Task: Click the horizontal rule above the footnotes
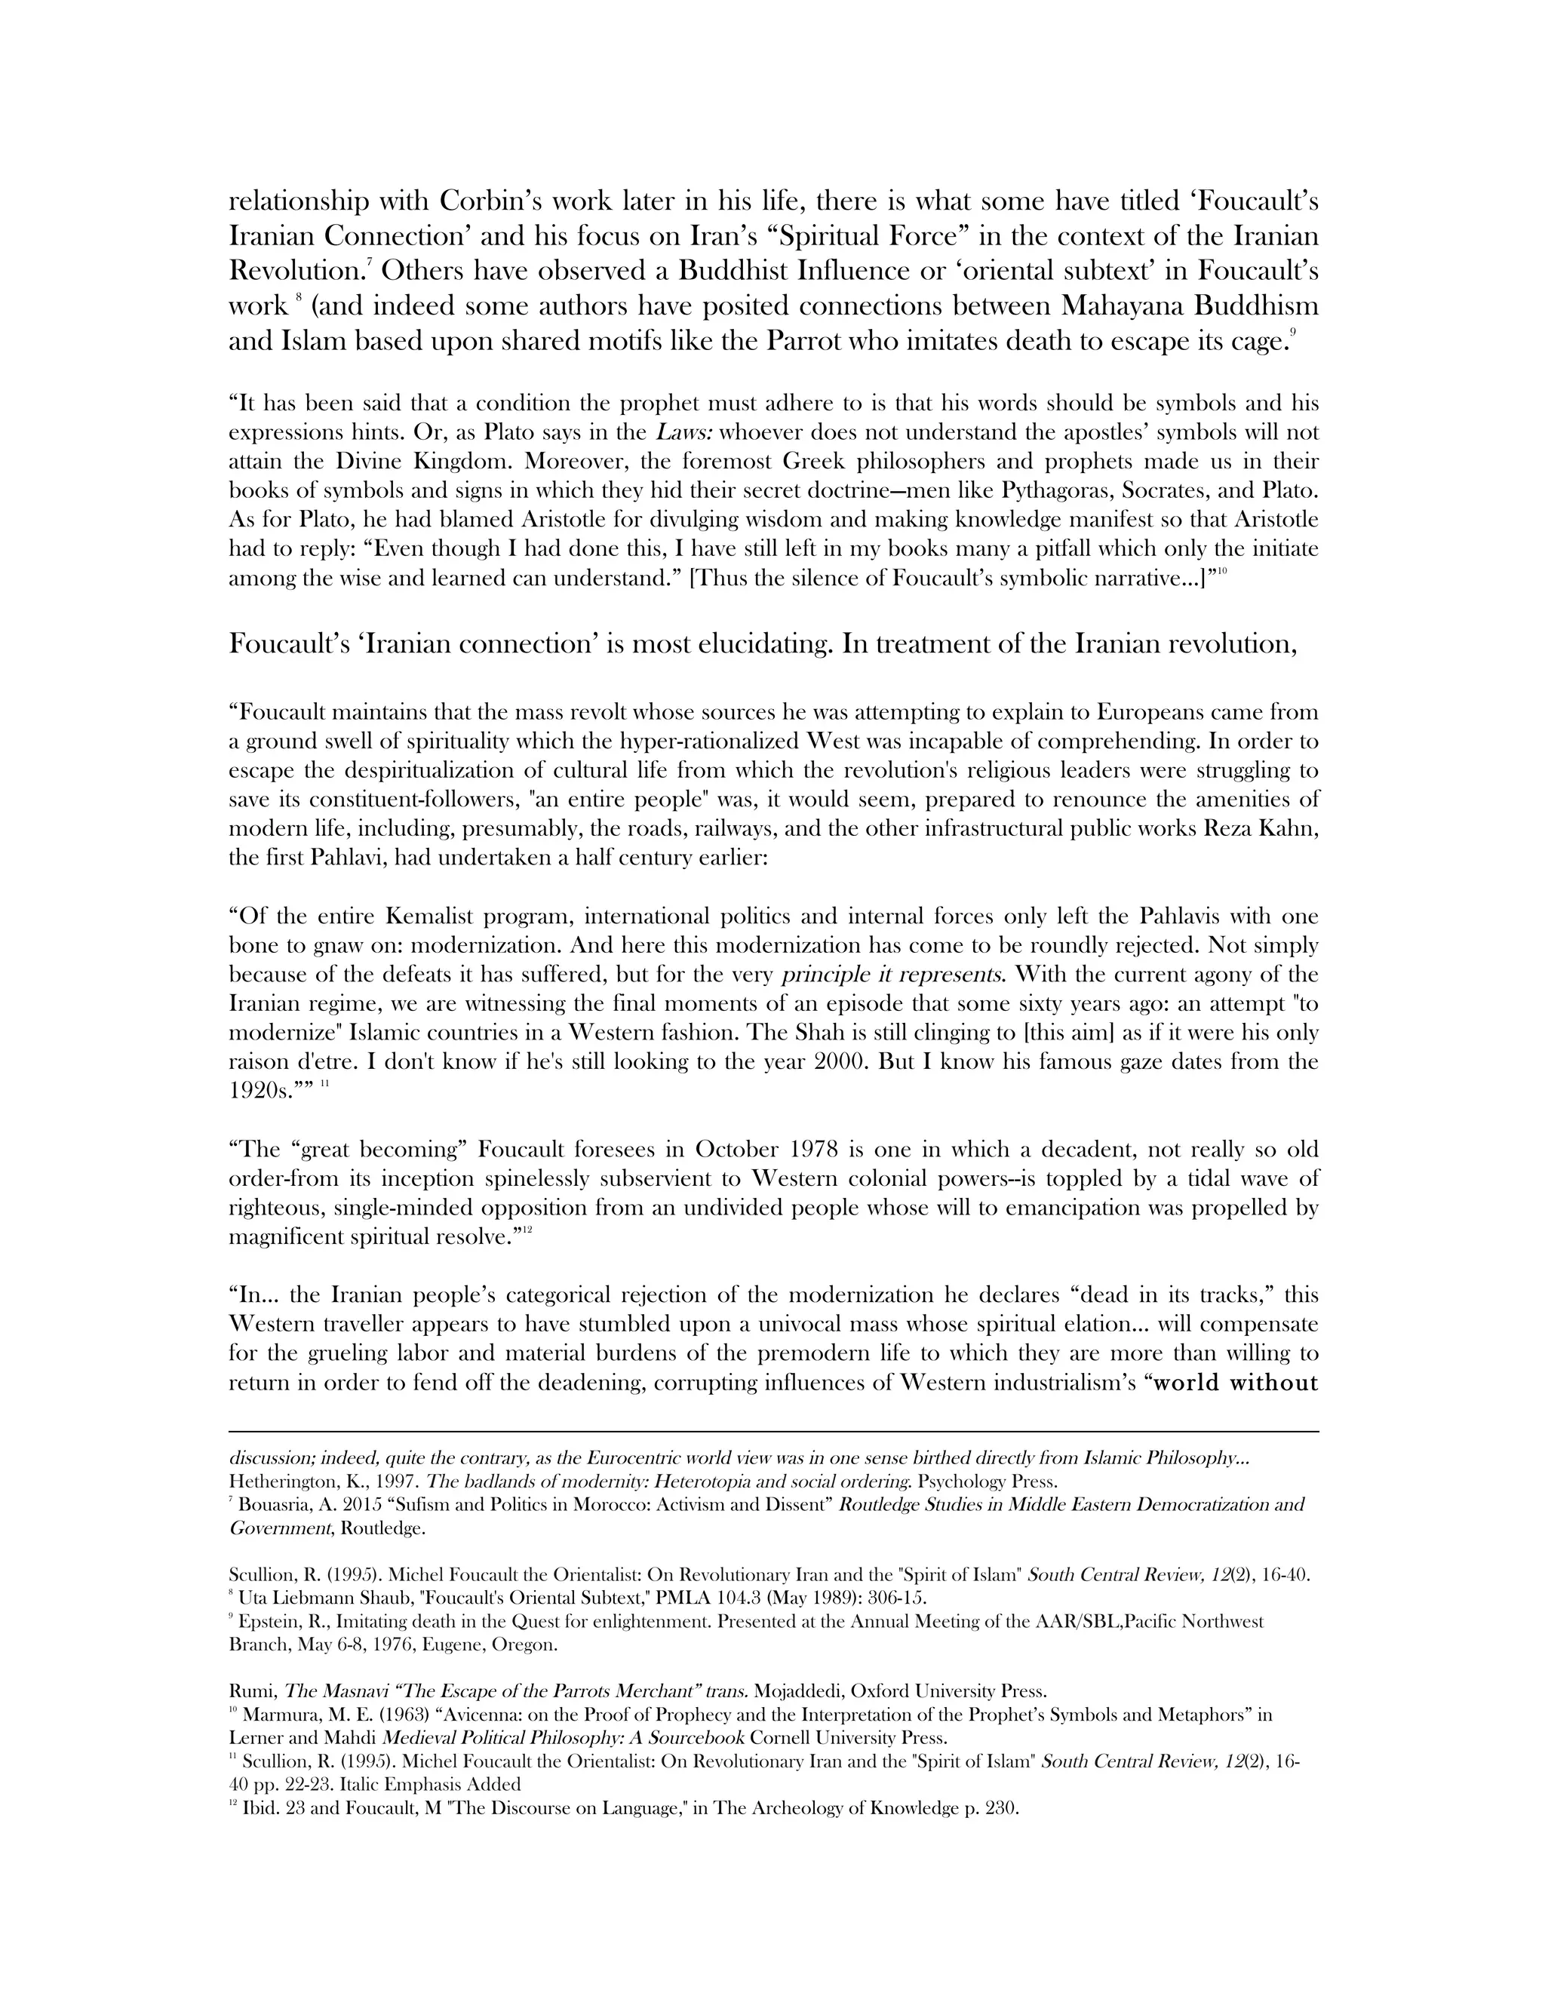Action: pos(772,1432)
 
